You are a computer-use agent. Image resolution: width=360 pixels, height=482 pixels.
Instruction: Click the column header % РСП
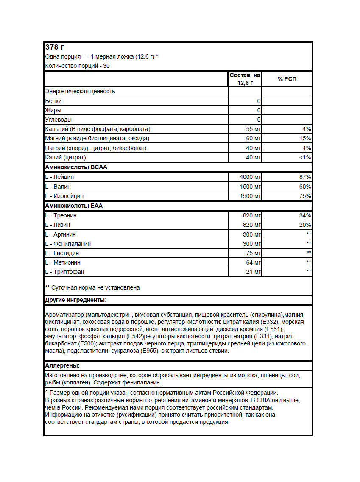(x=287, y=79)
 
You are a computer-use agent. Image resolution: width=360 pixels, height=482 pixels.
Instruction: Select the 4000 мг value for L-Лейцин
(x=250, y=177)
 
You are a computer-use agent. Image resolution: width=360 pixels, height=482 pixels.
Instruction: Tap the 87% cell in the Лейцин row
(x=305, y=177)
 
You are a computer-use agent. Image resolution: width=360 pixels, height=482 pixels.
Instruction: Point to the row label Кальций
(x=57, y=129)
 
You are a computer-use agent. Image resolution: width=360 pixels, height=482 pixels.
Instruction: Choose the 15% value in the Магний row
(x=305, y=139)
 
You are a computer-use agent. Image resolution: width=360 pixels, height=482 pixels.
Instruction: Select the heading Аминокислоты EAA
(x=74, y=206)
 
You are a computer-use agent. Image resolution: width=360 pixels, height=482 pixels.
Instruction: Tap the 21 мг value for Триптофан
(x=253, y=272)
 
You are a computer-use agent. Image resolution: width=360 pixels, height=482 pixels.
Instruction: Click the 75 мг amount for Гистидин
(x=253, y=253)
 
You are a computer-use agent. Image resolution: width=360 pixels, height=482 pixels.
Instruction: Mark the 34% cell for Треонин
(x=305, y=215)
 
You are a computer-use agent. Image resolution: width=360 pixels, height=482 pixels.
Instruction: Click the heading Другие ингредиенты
(x=75, y=301)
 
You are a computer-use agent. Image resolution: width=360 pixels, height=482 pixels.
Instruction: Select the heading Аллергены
(x=62, y=365)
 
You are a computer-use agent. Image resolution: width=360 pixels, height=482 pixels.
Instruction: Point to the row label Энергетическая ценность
(x=80, y=91)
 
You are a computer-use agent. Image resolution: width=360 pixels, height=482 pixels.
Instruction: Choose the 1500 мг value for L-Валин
(x=250, y=187)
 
